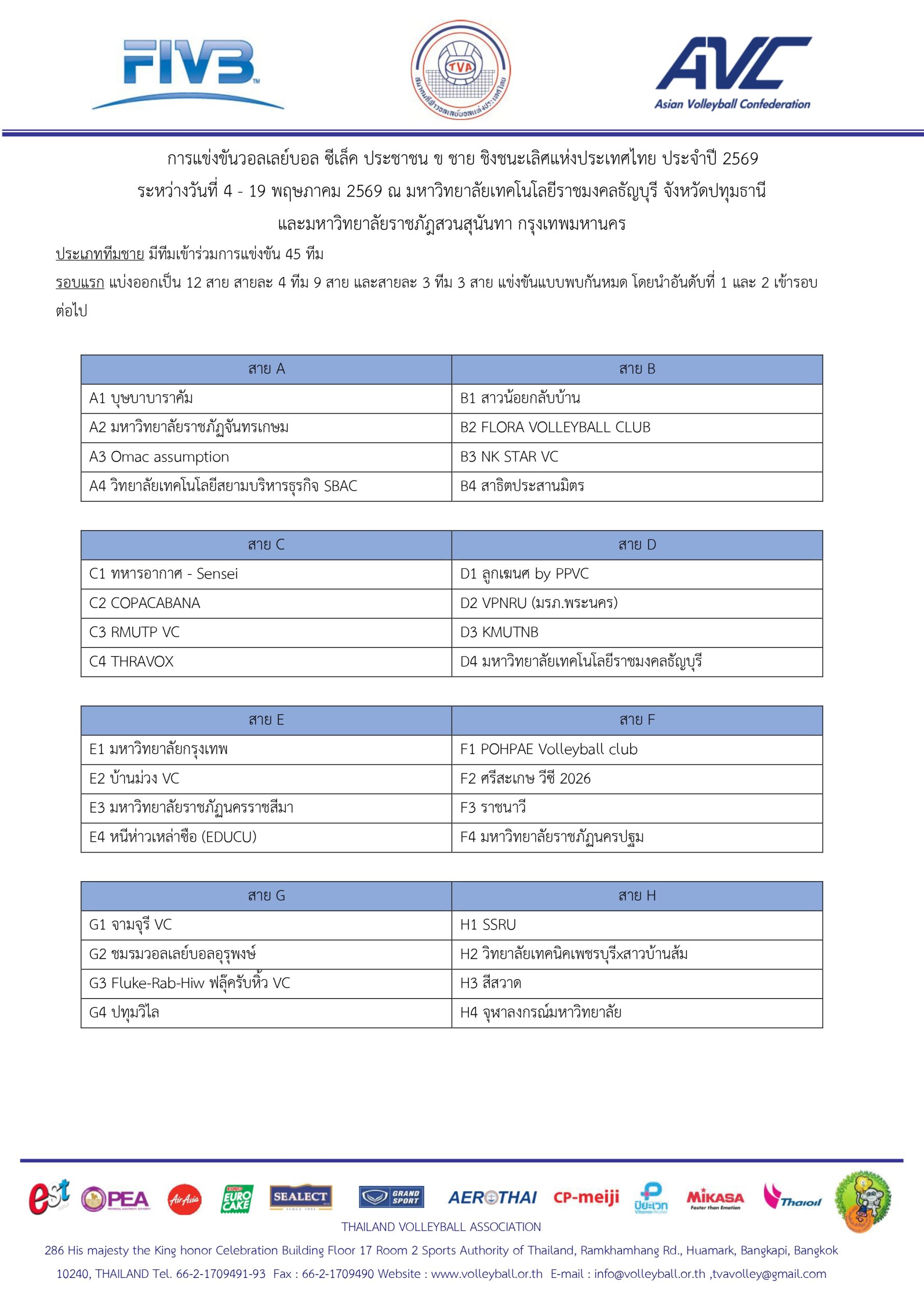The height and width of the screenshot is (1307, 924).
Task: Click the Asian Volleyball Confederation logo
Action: pyautogui.click(x=733, y=73)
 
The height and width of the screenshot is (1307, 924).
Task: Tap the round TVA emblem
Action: pyautogui.click(x=461, y=70)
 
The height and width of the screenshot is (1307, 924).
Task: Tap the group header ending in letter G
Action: pyautogui.click(x=266, y=895)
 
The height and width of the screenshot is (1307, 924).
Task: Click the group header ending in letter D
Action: pyautogui.click(x=637, y=545)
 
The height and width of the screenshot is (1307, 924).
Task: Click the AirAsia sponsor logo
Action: pyautogui.click(x=184, y=1199)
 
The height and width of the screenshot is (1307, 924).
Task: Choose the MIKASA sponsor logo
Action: pyautogui.click(x=715, y=1199)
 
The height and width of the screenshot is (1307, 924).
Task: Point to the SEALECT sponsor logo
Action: pyautogui.click(x=301, y=1197)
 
